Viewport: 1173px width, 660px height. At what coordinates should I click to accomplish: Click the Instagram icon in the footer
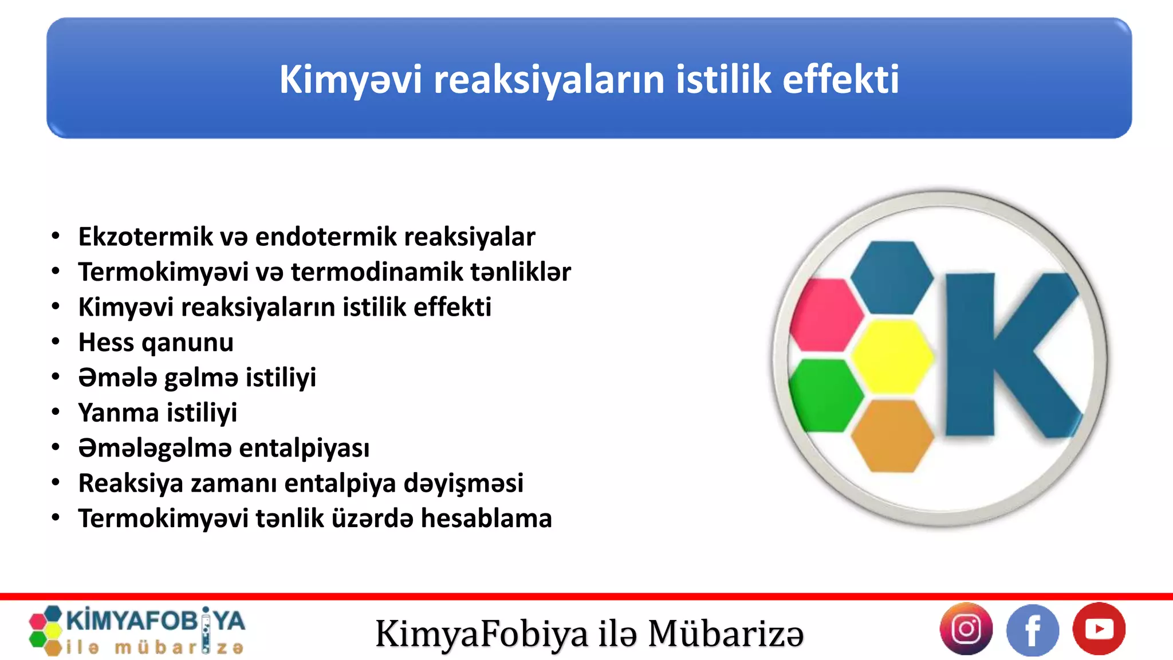pyautogui.click(x=966, y=629)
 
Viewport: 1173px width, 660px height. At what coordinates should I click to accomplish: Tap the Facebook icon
pyautogui.click(x=1033, y=630)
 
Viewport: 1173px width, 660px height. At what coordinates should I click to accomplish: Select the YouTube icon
pyautogui.click(x=1099, y=629)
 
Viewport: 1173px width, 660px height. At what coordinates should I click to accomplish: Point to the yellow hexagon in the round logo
pyautogui.click(x=891, y=356)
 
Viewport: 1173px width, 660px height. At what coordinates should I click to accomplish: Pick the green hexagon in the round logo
pyautogui.click(x=825, y=395)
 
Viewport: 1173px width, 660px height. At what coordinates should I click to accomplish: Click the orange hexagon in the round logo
pyautogui.click(x=891, y=436)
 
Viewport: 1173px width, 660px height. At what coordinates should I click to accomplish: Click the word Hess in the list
pyautogui.click(x=106, y=342)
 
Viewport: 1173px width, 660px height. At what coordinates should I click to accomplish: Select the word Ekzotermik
pyautogui.click(x=145, y=237)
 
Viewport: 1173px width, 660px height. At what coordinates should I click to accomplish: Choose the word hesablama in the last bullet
pyautogui.click(x=486, y=518)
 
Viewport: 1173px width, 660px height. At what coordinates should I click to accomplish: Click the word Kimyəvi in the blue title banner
pyautogui.click(x=350, y=79)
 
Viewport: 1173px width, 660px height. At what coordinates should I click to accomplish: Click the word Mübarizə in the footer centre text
pyautogui.click(x=726, y=634)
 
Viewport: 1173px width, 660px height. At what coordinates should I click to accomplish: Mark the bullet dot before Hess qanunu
pyautogui.click(x=56, y=342)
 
